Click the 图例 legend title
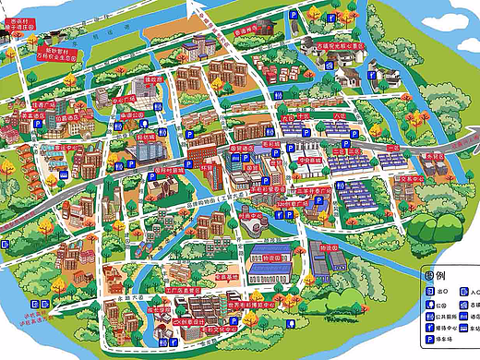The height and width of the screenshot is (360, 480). pos(436,275)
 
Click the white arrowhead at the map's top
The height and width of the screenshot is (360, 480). pos(195,8)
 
